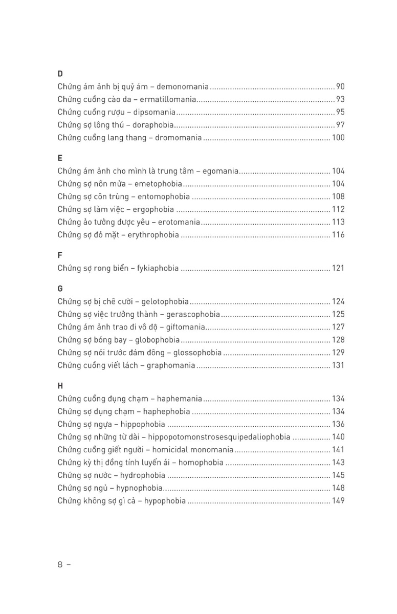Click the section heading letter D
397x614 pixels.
tap(60, 74)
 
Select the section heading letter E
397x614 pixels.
tap(60, 158)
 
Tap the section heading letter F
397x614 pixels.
tap(60, 255)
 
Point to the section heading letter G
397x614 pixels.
tap(60, 289)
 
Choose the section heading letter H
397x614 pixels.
tap(60, 386)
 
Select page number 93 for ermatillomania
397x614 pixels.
tap(340, 99)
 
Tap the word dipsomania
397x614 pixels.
tap(154, 112)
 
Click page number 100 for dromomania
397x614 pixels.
tap(338, 138)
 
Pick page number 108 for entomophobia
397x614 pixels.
tap(338, 196)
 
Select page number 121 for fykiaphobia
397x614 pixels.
tap(338, 268)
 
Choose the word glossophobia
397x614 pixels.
tap(197, 353)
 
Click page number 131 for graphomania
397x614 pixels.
tap(338, 365)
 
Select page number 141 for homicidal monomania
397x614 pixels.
tap(338, 450)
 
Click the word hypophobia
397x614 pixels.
tap(165, 501)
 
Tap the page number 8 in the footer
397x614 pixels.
tap(60, 565)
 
